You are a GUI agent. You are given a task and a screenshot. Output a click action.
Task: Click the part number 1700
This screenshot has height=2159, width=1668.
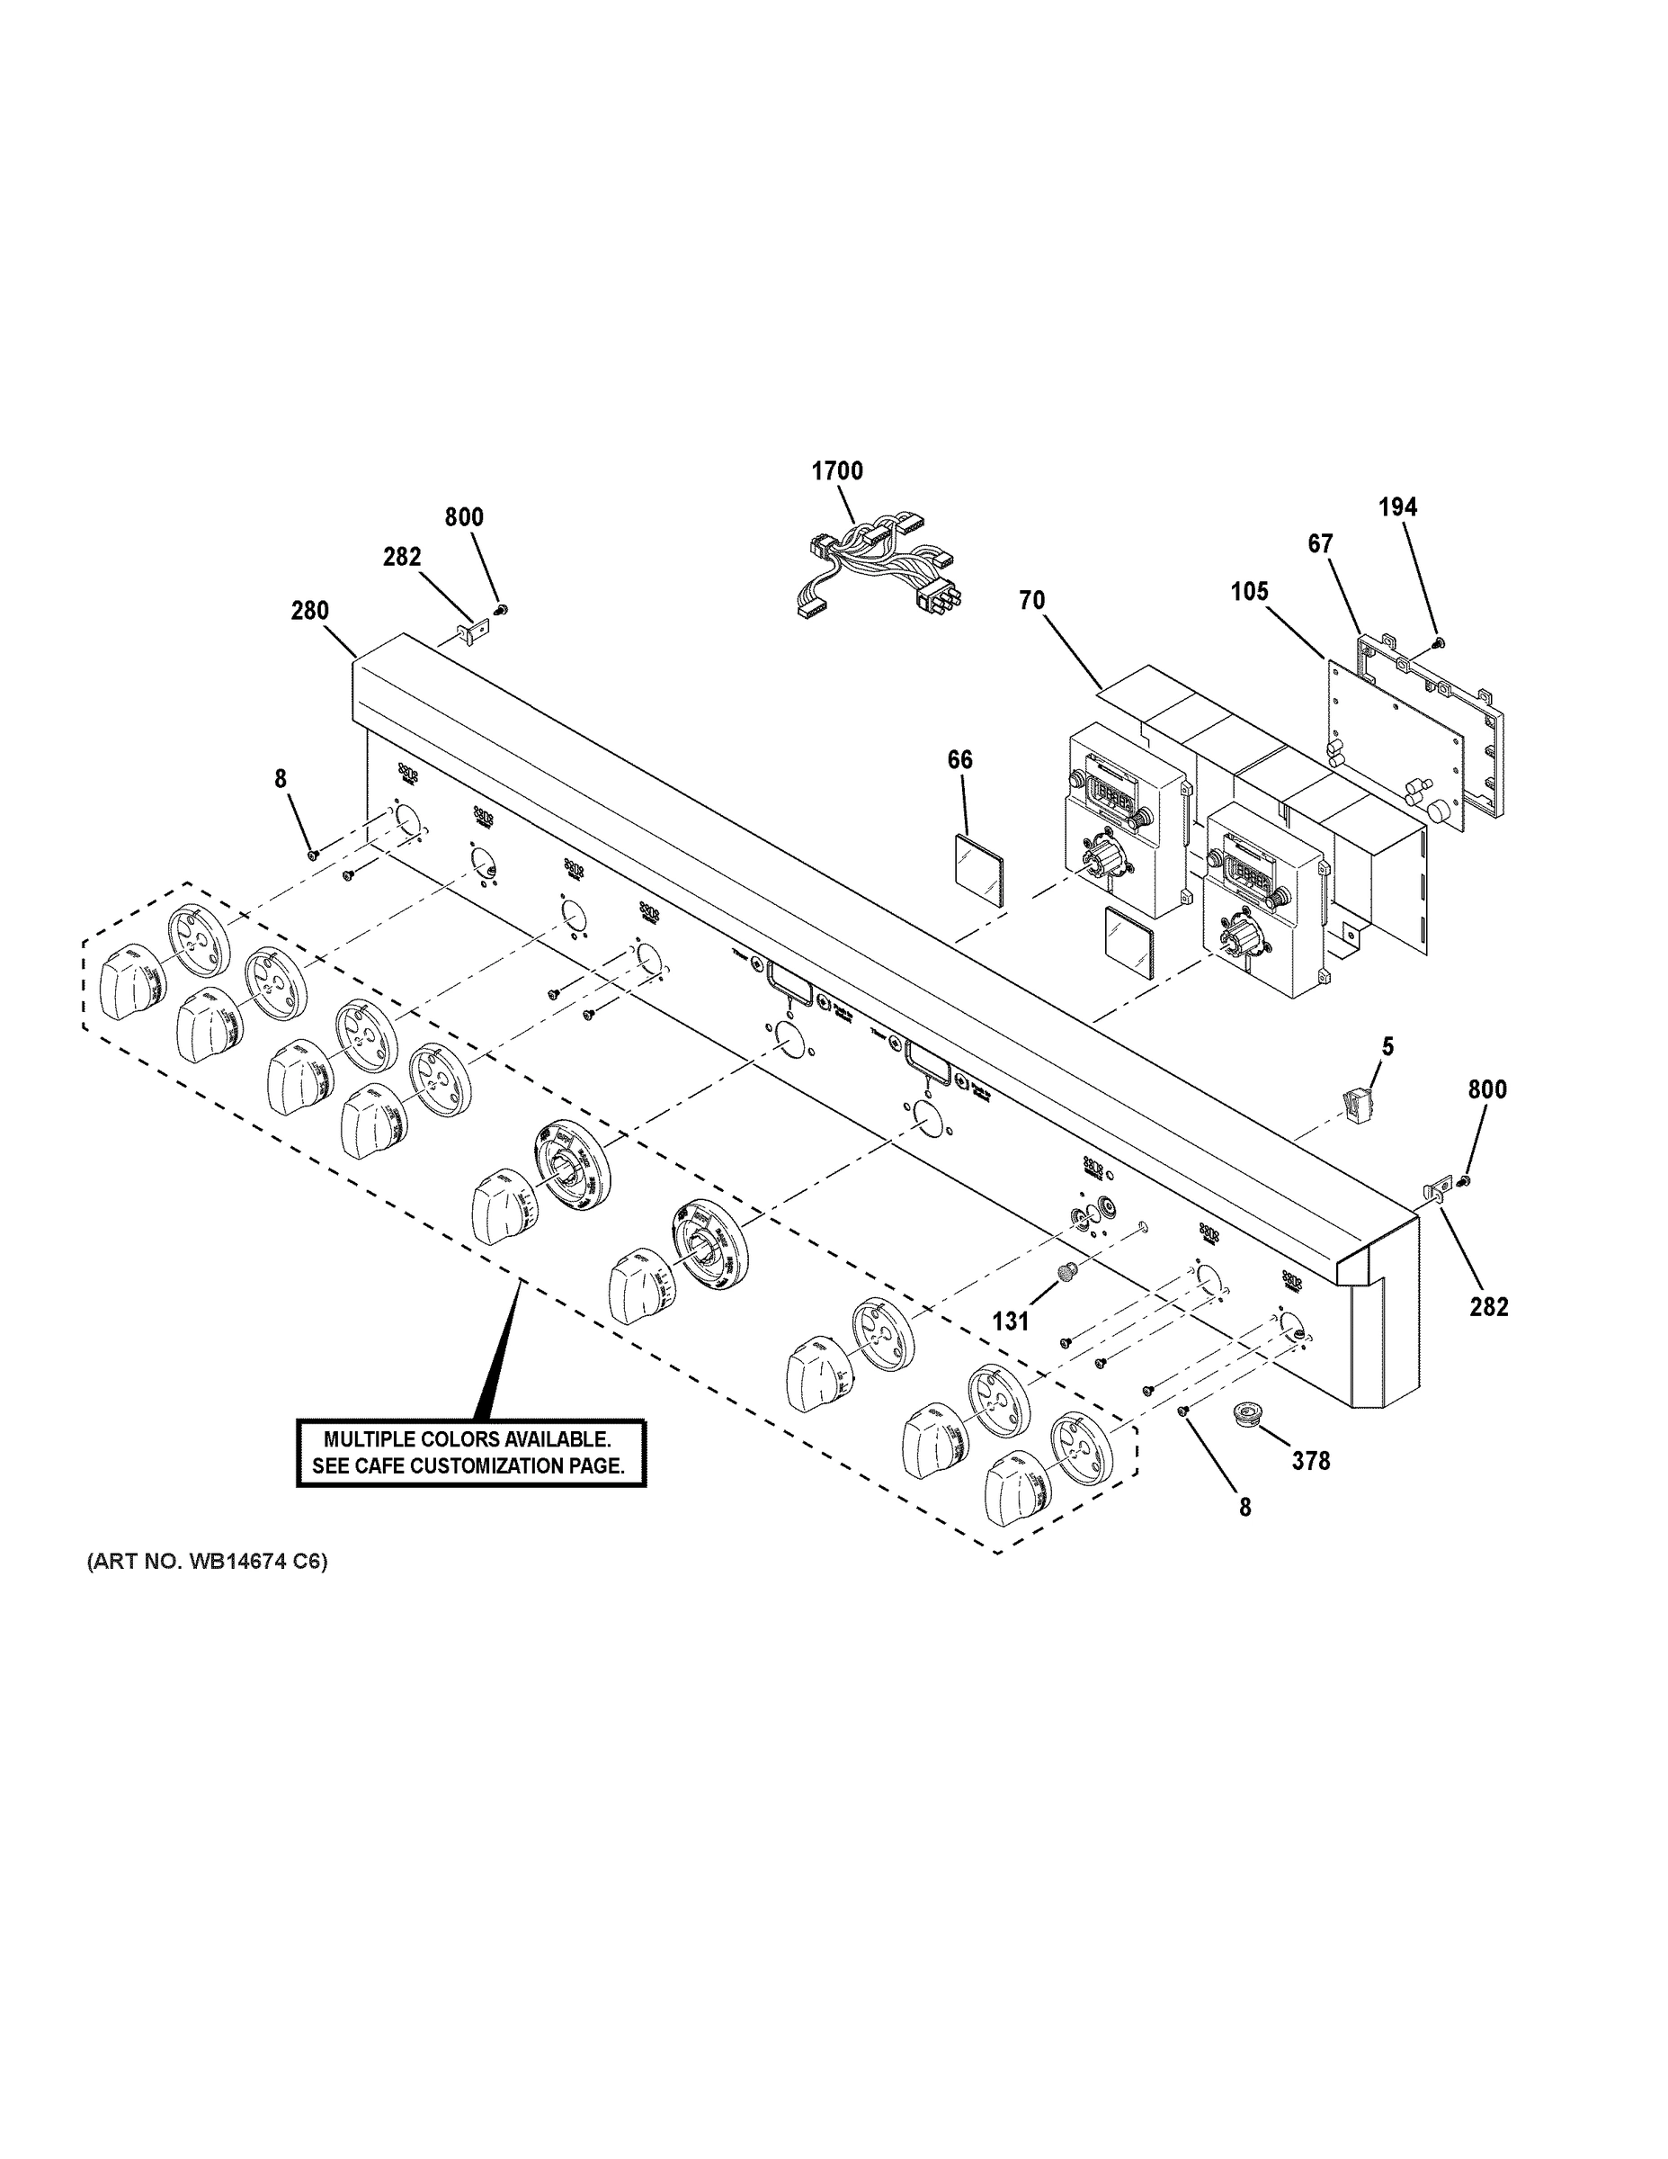(837, 471)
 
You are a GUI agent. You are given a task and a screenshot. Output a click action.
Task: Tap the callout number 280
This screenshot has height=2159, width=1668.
(309, 611)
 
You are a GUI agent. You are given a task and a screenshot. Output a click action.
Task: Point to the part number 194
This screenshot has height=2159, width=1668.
(1397, 507)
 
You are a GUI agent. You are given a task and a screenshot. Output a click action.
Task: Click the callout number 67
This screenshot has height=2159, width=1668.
(1320, 543)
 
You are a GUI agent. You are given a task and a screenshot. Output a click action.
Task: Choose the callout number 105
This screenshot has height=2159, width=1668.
(1249, 591)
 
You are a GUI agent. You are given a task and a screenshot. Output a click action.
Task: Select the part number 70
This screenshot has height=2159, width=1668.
(1031, 600)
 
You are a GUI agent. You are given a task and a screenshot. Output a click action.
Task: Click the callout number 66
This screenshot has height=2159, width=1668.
(959, 759)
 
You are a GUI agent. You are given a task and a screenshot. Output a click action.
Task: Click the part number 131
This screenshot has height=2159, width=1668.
(1010, 1321)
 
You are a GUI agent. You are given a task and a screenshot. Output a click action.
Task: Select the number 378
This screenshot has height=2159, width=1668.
(1311, 1460)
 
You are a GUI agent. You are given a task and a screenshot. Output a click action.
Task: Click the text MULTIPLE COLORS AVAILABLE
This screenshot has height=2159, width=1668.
(468, 1439)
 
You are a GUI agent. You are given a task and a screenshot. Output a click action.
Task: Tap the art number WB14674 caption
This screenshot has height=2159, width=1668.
(207, 1562)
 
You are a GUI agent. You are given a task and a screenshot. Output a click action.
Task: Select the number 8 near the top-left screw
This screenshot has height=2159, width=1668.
(281, 779)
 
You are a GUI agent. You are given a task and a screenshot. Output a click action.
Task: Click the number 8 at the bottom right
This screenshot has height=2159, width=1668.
(1244, 1508)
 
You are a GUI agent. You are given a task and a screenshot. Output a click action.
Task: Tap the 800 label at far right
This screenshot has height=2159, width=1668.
(1486, 1089)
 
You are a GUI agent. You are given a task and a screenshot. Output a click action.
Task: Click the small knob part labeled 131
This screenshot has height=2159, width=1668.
(1067, 1272)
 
